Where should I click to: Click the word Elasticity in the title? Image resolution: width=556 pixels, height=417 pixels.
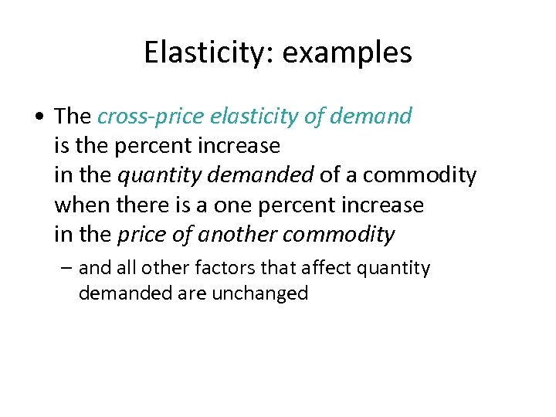(202, 53)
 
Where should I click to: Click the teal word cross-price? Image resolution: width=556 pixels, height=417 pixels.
(147, 117)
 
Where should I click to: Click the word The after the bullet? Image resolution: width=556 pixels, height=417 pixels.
(73, 117)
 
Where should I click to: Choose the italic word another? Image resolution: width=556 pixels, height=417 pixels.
(242, 234)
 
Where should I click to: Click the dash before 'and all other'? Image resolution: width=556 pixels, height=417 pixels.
(68, 268)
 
